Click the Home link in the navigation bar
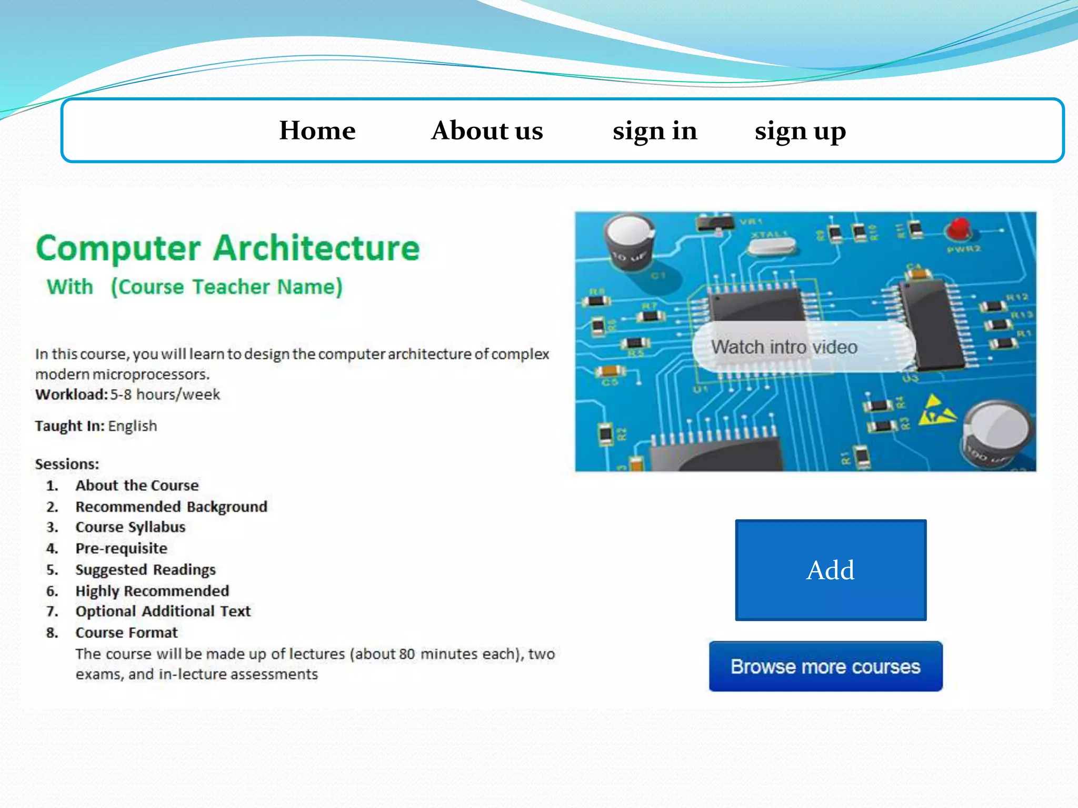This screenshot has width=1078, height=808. click(x=317, y=130)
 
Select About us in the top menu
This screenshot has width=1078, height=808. click(x=487, y=130)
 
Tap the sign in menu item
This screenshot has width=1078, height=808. click(x=655, y=130)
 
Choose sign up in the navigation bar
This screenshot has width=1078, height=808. click(x=800, y=130)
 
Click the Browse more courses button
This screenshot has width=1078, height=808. click(x=825, y=666)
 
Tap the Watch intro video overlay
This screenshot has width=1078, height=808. click(x=784, y=347)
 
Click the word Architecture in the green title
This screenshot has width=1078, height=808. click(x=317, y=248)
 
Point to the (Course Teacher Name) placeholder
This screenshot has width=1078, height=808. click(x=226, y=287)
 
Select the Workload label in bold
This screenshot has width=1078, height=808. click(x=71, y=395)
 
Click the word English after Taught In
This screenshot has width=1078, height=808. click(x=133, y=426)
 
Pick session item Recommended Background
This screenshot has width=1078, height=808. click(x=171, y=507)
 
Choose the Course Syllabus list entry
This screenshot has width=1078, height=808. click(x=131, y=527)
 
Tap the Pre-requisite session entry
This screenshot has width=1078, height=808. click(x=121, y=548)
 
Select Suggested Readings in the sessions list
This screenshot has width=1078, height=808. click(x=145, y=570)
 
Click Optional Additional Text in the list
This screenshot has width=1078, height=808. click(x=163, y=611)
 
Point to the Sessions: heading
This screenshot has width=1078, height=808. click(x=67, y=464)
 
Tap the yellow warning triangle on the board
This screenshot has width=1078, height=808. click(x=936, y=410)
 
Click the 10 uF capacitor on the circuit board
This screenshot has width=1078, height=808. click(x=630, y=242)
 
